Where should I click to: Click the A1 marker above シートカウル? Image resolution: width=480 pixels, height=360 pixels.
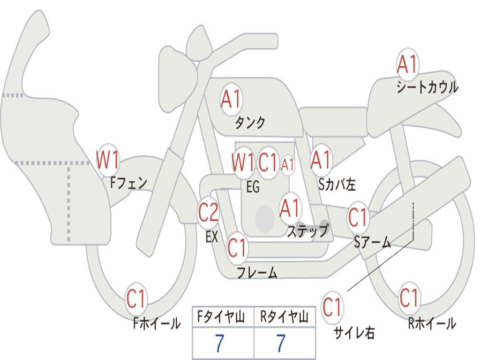click(x=407, y=65)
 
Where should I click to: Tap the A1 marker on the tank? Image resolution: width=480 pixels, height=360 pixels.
click(x=231, y=99)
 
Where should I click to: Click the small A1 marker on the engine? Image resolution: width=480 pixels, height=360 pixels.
click(x=288, y=165)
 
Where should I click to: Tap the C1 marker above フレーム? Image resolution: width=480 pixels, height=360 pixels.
click(x=237, y=247)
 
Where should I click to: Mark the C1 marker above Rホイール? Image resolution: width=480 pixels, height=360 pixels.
click(x=409, y=297)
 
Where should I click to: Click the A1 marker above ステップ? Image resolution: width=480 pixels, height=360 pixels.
click(x=290, y=209)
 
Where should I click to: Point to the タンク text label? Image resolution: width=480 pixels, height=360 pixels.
click(x=250, y=123)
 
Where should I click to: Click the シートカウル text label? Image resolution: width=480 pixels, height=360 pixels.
click(x=427, y=88)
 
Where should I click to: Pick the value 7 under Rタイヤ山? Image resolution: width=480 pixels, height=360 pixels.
click(x=281, y=344)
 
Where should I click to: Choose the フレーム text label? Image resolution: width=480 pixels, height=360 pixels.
click(x=257, y=272)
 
